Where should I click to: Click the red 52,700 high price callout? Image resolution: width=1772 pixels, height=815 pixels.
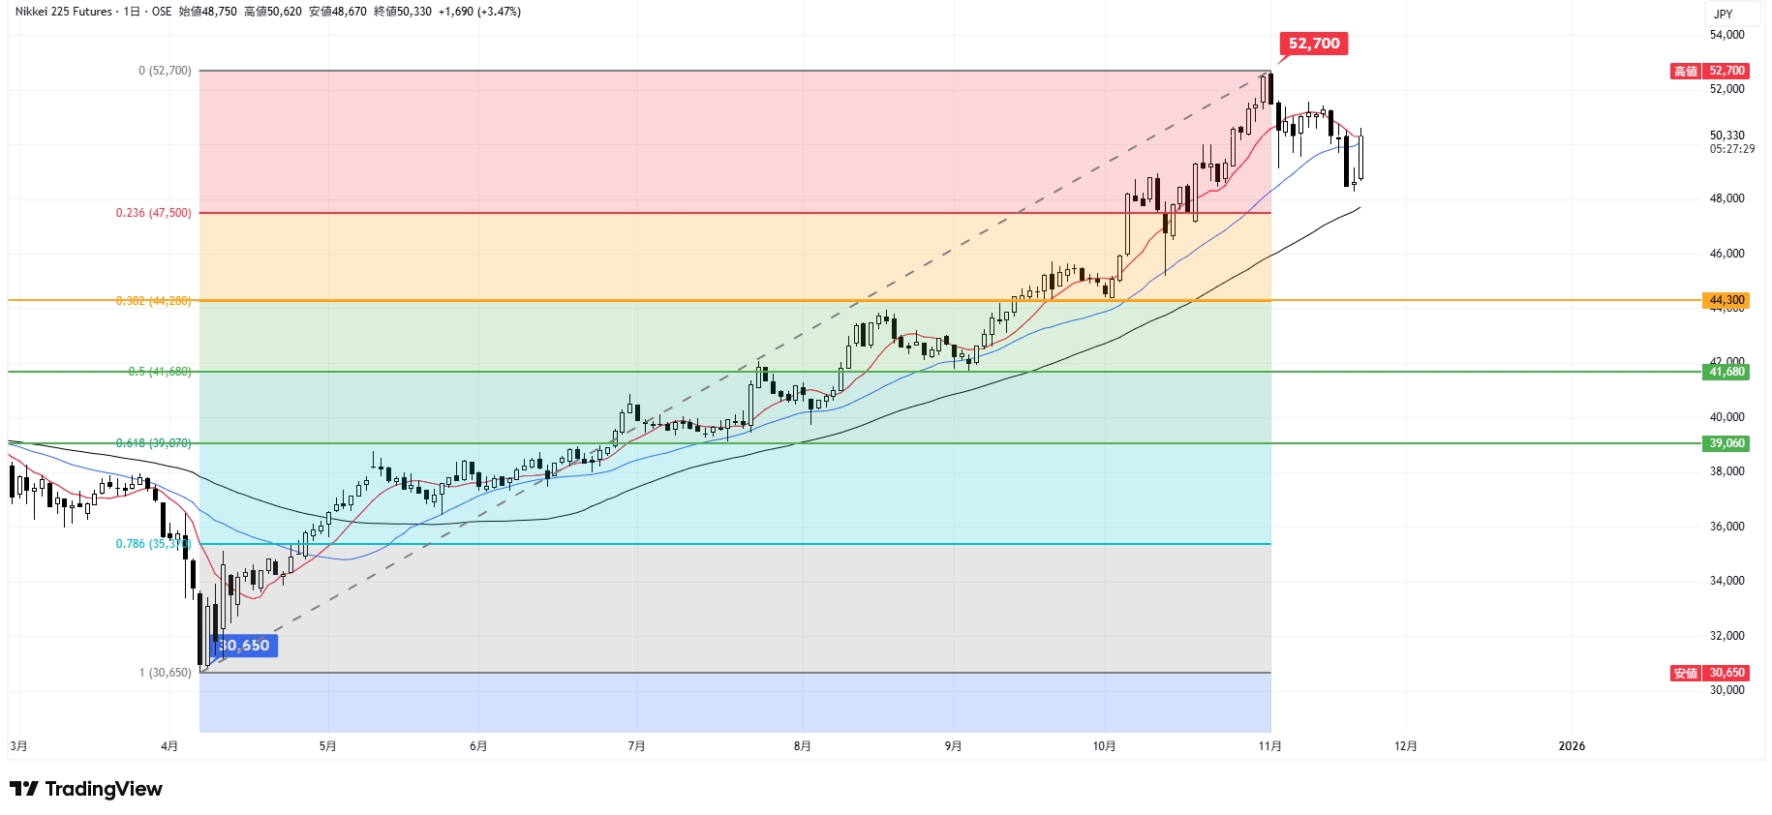pos(1314,44)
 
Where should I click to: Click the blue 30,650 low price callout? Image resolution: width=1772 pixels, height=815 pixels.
pos(244,646)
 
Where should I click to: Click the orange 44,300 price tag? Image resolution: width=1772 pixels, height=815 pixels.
pos(1726,300)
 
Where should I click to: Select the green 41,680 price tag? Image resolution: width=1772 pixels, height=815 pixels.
pos(1726,372)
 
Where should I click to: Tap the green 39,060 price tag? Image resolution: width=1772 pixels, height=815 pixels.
pos(1726,443)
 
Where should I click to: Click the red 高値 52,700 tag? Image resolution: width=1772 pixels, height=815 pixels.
pos(1710,71)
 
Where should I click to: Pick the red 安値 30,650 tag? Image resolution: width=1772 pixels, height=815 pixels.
pos(1710,673)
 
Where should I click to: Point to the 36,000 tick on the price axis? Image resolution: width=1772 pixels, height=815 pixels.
pos(1726,527)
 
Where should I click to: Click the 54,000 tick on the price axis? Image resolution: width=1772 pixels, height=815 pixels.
pos(1726,35)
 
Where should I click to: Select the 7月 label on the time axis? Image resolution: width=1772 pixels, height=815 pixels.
pos(636,746)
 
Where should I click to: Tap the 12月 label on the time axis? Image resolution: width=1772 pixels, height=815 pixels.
pos(1406,746)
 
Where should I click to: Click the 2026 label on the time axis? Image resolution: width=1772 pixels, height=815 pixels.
pos(1572,746)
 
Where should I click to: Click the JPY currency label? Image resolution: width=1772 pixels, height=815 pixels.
pos(1724,14)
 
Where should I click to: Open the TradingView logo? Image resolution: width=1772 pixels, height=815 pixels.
pos(86,789)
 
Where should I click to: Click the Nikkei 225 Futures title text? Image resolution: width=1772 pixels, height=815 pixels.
pos(64,12)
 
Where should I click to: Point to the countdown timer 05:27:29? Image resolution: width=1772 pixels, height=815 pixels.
pos(1731,149)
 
